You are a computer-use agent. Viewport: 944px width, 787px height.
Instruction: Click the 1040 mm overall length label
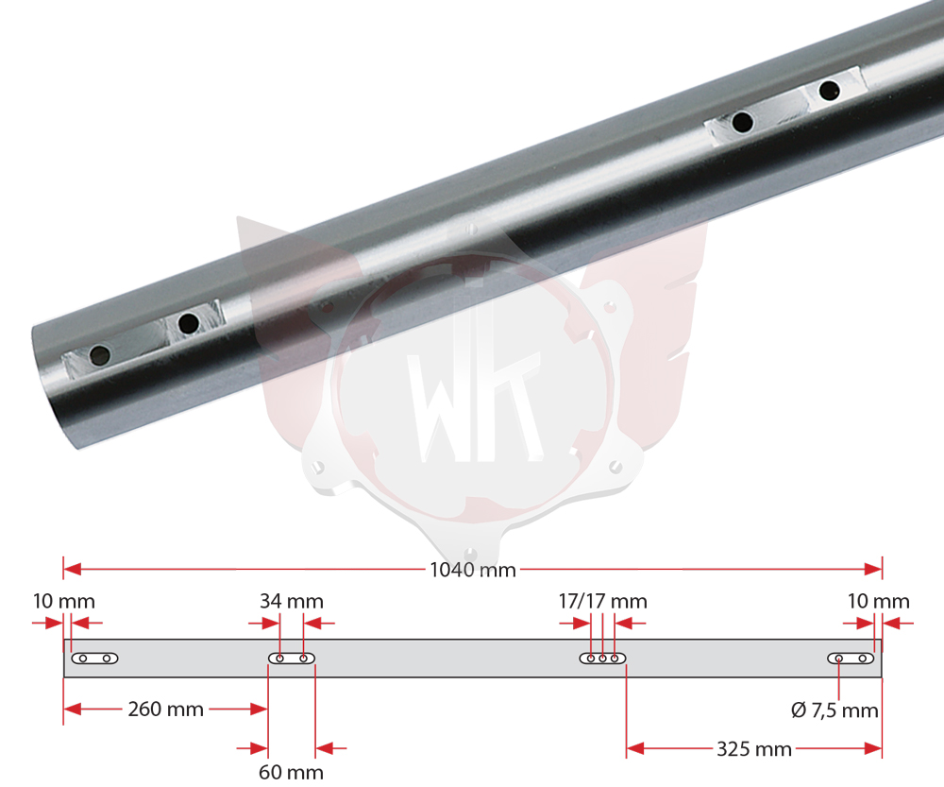473,570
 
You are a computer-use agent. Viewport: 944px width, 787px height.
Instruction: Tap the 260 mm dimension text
165,710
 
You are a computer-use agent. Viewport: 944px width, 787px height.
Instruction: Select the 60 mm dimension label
292,772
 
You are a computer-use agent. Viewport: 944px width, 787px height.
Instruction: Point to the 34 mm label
292,601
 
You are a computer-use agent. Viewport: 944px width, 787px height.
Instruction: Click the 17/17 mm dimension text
602,601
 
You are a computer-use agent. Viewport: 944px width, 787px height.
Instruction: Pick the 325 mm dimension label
753,749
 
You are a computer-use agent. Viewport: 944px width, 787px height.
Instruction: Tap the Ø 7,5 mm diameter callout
834,710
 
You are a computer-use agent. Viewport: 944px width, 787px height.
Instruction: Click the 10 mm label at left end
64,601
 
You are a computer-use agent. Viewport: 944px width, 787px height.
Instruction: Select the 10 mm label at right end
878,601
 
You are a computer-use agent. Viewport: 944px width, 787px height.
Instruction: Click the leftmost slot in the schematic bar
95,659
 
